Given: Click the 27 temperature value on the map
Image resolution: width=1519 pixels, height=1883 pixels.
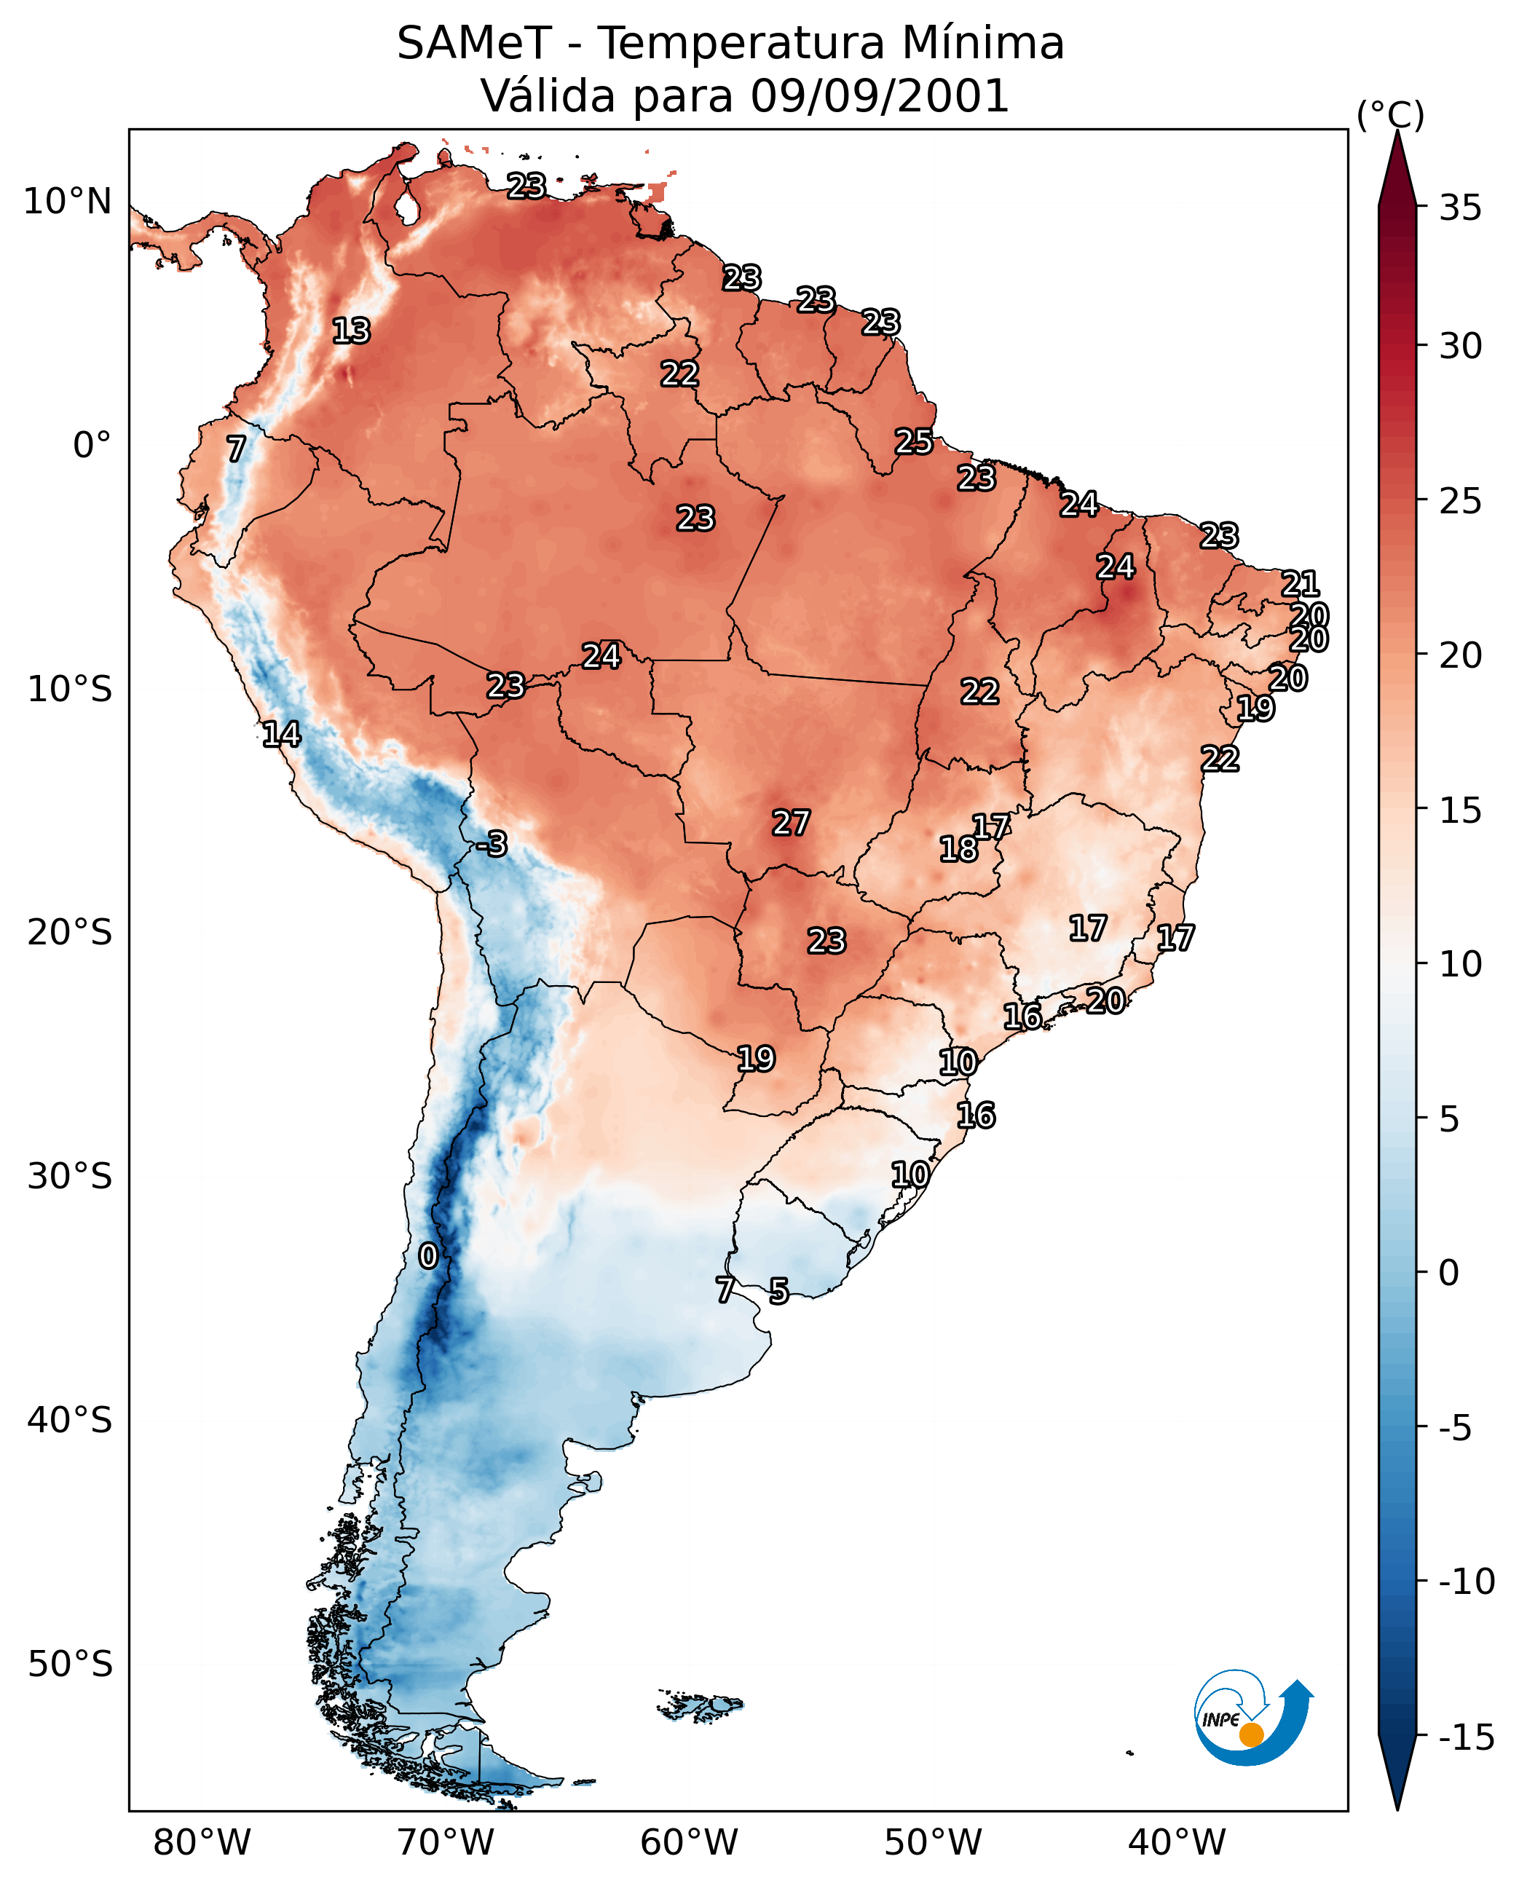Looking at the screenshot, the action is tap(791, 823).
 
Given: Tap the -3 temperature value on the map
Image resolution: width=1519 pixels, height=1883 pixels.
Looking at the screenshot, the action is tap(492, 843).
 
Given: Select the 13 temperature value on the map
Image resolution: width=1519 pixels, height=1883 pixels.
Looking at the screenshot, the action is tap(352, 331).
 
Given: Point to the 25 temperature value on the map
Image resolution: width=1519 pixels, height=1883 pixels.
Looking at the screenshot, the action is tap(913, 441).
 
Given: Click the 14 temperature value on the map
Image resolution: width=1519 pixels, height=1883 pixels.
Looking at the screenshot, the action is tap(282, 733).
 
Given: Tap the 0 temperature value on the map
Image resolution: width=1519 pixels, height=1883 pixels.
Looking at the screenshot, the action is tap(428, 1255).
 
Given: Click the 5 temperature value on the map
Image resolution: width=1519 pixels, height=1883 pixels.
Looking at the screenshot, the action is tap(778, 1290).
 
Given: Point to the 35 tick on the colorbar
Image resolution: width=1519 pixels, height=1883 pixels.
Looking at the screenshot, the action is tap(1460, 208).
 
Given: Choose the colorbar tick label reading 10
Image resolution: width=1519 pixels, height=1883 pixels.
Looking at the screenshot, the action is tap(1460, 964).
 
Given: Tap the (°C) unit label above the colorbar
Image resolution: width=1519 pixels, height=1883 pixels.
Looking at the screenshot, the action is tap(1390, 114).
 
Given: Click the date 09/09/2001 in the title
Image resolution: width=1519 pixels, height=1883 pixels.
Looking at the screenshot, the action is tap(880, 95).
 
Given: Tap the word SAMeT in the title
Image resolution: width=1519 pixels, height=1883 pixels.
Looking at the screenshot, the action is tap(474, 43).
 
